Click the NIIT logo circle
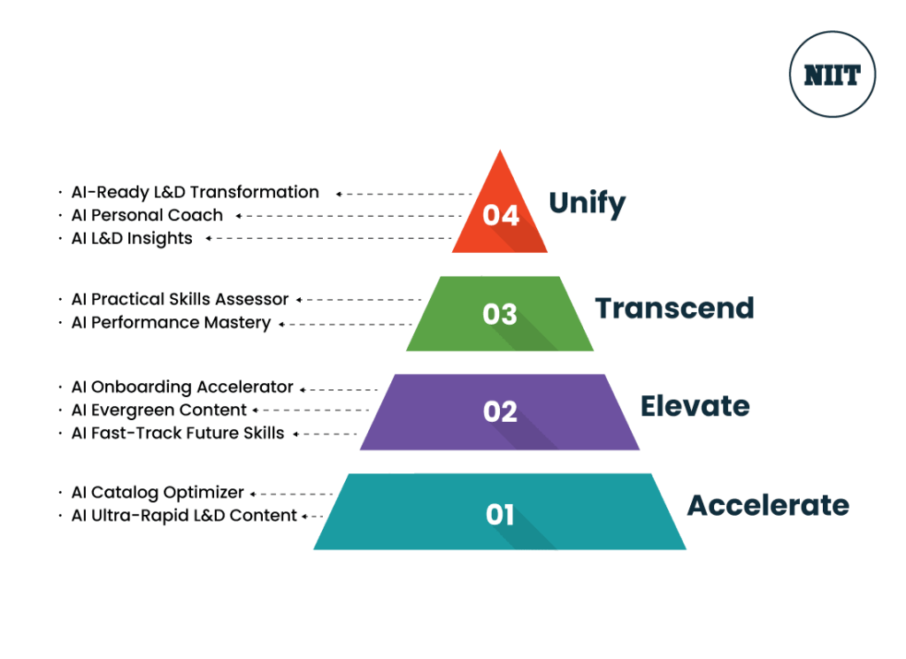click(x=832, y=75)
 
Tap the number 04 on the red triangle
click(x=500, y=215)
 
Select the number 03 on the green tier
click(x=500, y=314)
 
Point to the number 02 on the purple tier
click(x=500, y=411)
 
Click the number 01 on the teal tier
click(x=500, y=514)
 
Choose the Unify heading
click(x=587, y=204)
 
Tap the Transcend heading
click(x=674, y=308)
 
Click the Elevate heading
click(x=695, y=406)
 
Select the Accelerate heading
click(x=768, y=505)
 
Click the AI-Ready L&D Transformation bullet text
click(x=195, y=192)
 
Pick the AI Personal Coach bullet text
click(x=147, y=215)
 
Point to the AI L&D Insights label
click(x=132, y=238)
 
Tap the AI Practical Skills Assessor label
click(x=180, y=300)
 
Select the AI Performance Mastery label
click(x=171, y=323)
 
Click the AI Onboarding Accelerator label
click(x=181, y=387)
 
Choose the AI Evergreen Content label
click(x=158, y=410)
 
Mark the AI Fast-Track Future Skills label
click(x=177, y=433)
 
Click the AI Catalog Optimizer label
click(x=157, y=493)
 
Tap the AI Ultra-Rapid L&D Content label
click(x=183, y=516)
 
